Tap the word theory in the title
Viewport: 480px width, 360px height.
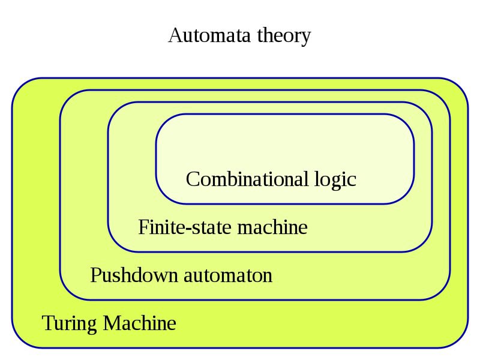tap(284, 37)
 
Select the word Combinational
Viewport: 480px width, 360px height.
tap(247, 179)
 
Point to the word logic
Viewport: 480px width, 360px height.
tap(335, 181)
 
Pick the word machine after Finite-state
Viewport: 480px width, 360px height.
tap(272, 227)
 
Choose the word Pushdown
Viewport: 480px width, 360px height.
tap(134, 275)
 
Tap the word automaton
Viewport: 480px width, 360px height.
tap(228, 276)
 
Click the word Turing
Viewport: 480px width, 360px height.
tap(70, 324)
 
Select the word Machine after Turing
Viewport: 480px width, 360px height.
tap(140, 323)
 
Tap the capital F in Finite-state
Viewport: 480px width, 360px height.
tap(143, 227)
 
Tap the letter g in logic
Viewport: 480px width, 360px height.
tap(335, 183)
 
